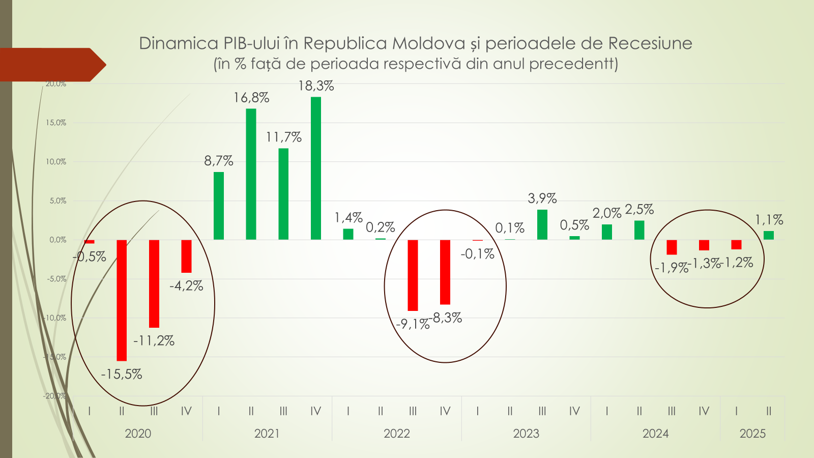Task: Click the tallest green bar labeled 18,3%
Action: pos(316,168)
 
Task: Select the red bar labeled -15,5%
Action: pos(122,300)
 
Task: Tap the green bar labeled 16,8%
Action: pos(251,174)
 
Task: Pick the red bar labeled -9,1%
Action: pos(413,275)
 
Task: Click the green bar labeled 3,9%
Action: pos(542,224)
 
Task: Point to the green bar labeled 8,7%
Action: pos(219,206)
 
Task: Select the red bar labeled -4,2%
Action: pos(186,256)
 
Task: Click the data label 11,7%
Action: pos(284,137)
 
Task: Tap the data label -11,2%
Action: pos(154,341)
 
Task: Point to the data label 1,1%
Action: pos(769,220)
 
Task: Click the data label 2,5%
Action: pos(639,210)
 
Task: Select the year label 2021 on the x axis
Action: pos(267,434)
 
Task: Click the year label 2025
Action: pos(752,434)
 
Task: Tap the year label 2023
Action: pos(526,434)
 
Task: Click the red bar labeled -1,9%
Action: pos(672,247)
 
